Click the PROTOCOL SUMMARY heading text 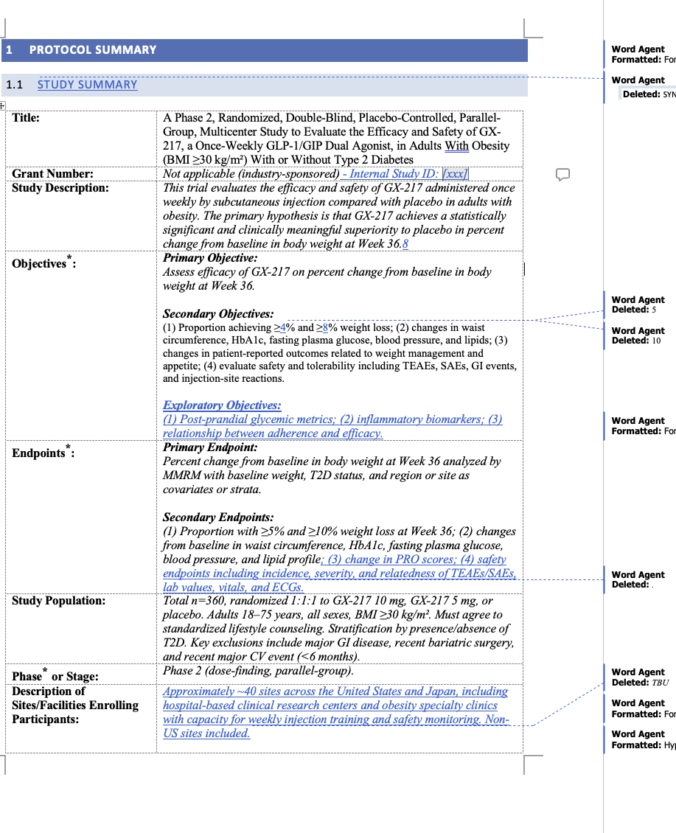click(93, 50)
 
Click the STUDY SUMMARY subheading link click(87, 85)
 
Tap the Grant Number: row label click(52, 174)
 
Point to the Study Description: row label click(60, 188)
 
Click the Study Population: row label click(58, 601)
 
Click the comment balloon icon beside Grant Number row click(562, 175)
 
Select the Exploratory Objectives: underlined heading click(222, 405)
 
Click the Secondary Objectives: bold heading click(218, 314)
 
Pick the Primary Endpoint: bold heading click(210, 447)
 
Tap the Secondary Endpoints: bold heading click(218, 517)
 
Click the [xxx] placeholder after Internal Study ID click(455, 174)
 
